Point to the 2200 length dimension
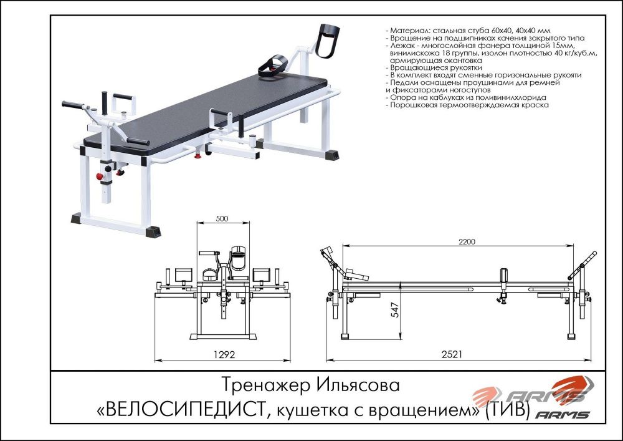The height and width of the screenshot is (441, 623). tap(458, 241)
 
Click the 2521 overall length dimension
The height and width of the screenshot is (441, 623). tap(458, 354)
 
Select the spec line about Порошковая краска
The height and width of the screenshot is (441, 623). tap(467, 106)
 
